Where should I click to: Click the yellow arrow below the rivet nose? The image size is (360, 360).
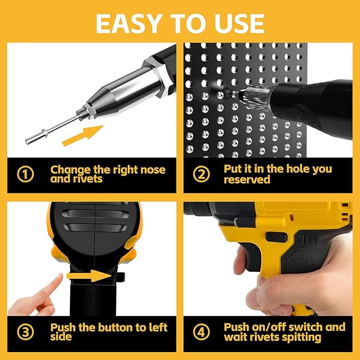83,136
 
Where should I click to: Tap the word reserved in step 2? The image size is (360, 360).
247,179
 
